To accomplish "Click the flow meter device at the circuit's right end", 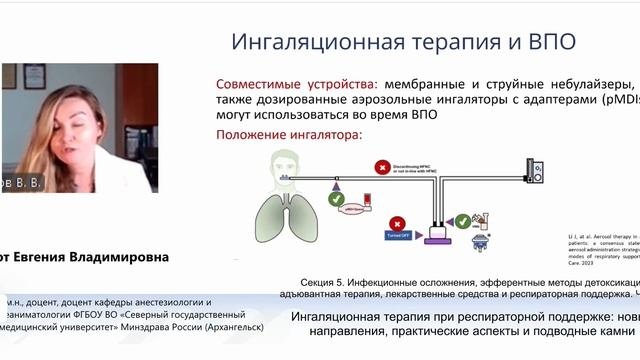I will click(538, 170).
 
